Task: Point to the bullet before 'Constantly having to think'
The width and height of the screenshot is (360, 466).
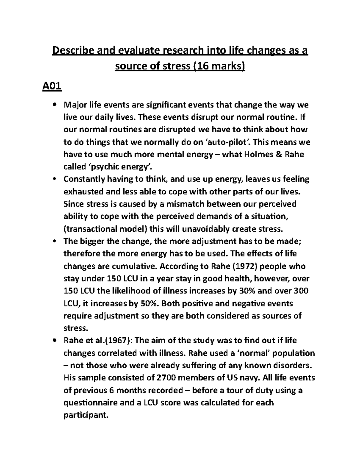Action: pos(54,179)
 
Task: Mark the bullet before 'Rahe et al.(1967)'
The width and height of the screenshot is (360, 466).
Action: pos(54,341)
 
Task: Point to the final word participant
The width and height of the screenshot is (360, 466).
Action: pos(85,415)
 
